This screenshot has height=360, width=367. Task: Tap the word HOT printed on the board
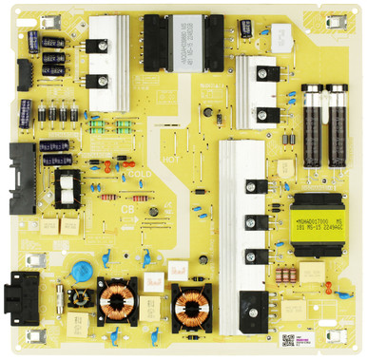coord(171,161)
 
